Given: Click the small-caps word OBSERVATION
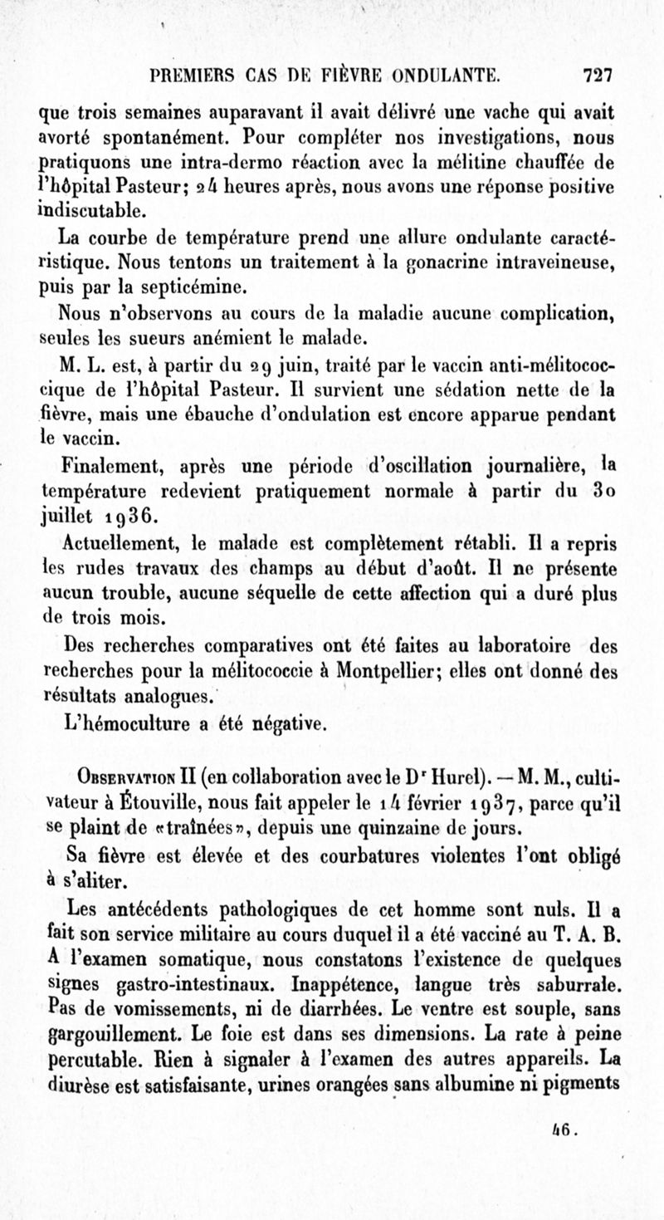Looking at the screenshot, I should [x=123, y=781].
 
